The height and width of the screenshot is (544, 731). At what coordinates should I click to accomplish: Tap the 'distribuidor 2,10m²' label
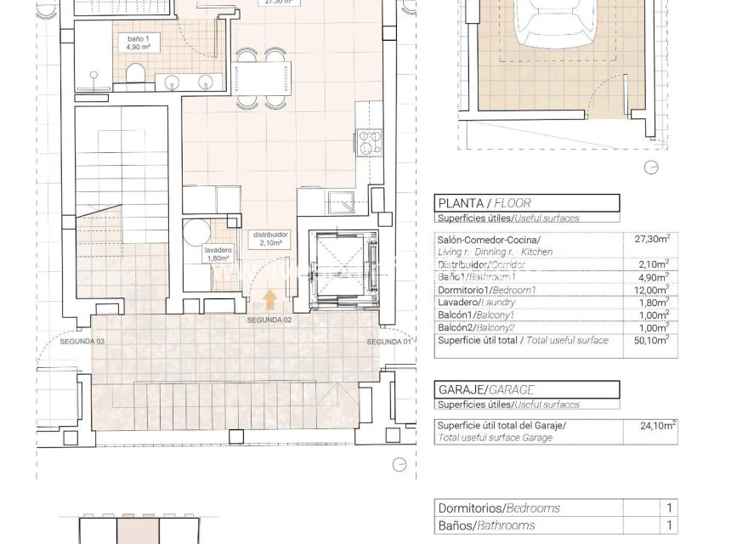tap(269, 239)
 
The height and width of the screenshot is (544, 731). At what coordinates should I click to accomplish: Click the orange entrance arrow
tap(270, 299)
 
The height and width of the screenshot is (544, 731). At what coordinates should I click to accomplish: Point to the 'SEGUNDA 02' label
tap(269, 320)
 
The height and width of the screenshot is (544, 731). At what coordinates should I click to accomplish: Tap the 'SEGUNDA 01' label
tap(388, 341)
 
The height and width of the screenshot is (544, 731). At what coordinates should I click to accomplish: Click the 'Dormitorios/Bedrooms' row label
tap(499, 508)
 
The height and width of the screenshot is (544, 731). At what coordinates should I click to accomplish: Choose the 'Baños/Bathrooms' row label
tap(487, 526)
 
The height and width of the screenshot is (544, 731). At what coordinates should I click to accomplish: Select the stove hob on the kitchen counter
tap(370, 142)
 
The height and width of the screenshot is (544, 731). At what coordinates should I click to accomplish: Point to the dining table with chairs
tap(260, 79)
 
